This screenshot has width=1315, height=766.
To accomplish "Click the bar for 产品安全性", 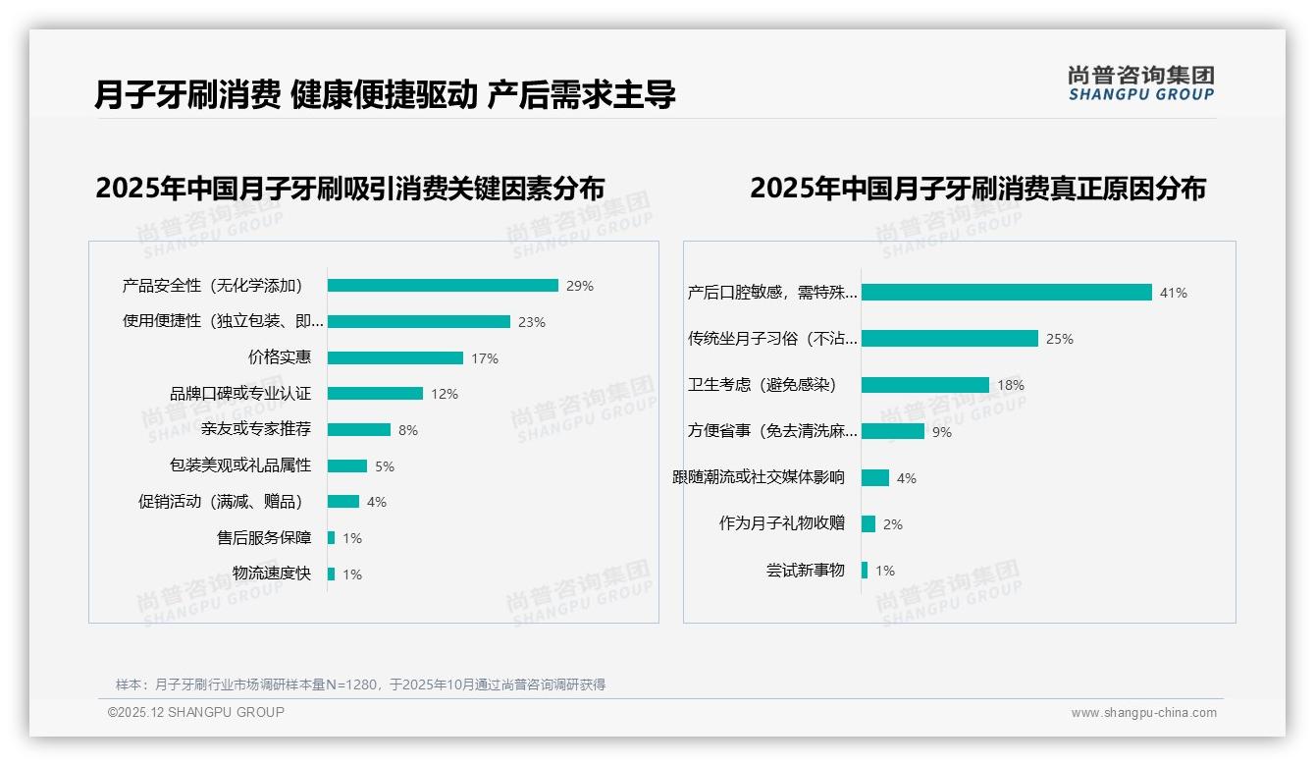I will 443,286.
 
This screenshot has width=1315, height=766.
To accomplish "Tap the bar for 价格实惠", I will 395,357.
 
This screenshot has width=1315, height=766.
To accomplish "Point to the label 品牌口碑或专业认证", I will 240,394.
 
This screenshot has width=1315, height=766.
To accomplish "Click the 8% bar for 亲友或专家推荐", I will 359,429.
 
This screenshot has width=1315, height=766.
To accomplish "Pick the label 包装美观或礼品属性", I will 240,465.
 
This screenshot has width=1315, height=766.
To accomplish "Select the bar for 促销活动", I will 343,502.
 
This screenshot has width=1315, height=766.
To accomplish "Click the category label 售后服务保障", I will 264,538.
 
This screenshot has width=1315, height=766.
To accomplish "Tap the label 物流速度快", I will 272,574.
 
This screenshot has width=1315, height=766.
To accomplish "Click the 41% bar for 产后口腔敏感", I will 1006,293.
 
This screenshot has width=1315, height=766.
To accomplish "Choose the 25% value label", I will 1060,339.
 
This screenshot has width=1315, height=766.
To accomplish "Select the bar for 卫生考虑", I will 925,385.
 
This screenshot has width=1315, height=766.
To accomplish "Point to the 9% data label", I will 942,431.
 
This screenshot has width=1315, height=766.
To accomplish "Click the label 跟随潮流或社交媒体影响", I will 759,477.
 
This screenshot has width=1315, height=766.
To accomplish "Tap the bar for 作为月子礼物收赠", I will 868,524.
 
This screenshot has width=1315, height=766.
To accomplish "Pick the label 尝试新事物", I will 806,571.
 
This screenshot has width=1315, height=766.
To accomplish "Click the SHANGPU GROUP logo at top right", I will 1141,83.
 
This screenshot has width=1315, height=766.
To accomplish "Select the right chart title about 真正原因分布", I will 977,188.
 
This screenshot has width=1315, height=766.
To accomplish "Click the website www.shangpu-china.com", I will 1143,713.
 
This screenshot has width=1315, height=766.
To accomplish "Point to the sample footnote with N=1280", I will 360,684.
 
